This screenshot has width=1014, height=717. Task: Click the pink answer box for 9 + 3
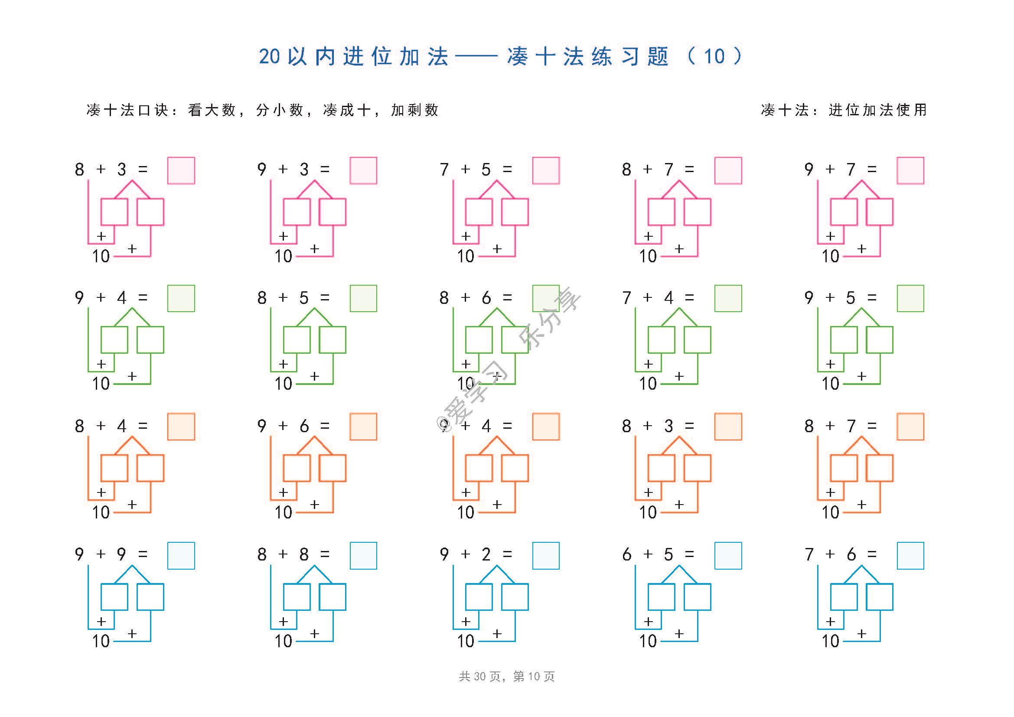[x=363, y=170]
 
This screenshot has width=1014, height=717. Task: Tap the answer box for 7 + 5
[x=546, y=170]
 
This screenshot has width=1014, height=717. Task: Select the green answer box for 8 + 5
[x=363, y=298]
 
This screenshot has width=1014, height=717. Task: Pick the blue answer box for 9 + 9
[x=181, y=555]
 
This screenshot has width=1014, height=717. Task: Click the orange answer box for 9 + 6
[x=363, y=427]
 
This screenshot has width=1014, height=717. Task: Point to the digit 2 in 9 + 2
[x=486, y=554]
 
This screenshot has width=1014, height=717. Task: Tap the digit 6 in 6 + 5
[x=626, y=554]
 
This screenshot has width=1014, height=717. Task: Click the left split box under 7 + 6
[x=844, y=597]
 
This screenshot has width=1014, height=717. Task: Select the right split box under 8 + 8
[x=333, y=597]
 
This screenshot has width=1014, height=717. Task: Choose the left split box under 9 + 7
[x=844, y=212]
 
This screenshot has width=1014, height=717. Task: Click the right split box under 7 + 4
[x=698, y=339]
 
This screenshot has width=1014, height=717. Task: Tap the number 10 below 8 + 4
[x=101, y=512]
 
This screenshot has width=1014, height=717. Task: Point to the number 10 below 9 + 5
[x=830, y=384]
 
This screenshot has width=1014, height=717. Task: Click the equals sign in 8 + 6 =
[x=507, y=297]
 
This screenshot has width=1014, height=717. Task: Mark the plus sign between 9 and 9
[x=101, y=554]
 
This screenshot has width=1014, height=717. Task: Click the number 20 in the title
[x=269, y=56]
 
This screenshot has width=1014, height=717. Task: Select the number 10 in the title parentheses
[x=714, y=56]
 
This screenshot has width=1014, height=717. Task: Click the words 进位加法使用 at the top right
[x=877, y=110]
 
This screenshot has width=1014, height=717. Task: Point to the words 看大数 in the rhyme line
[x=212, y=110]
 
